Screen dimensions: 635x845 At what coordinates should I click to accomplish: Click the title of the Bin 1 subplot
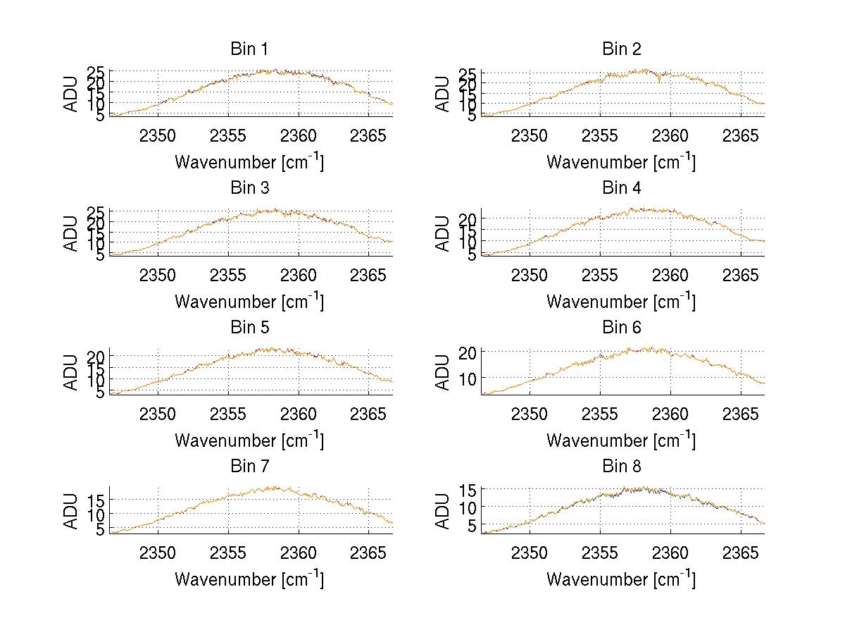[x=249, y=49]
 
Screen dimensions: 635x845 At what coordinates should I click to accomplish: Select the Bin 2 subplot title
[x=621, y=49]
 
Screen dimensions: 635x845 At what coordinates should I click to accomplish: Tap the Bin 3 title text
[x=249, y=188]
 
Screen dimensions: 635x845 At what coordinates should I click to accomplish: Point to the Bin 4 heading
[x=621, y=188]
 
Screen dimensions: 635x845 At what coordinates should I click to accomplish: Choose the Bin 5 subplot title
[x=249, y=328]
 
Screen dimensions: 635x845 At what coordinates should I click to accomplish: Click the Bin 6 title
[x=621, y=328]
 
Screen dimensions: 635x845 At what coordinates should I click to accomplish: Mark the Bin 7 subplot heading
[x=249, y=467]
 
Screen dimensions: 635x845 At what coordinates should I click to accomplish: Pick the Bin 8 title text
[x=621, y=467]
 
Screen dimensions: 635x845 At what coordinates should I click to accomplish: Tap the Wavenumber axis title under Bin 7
[x=249, y=579]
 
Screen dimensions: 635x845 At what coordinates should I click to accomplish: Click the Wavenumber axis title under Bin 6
[x=621, y=440]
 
